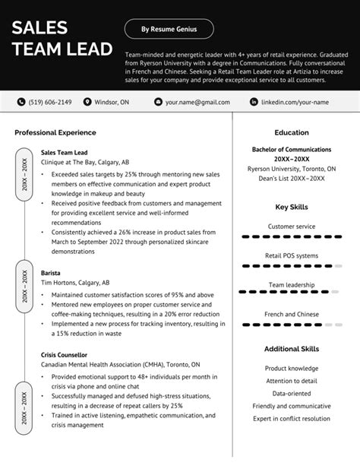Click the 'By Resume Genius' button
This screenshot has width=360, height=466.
pos(169,30)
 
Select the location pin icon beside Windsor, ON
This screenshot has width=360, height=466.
pos(87,101)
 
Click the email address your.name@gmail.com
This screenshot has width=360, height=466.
pos(197,101)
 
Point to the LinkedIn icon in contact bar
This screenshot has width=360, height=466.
pos(254,101)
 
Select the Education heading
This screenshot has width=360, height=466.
pos(292,132)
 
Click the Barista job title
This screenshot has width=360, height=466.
pos(51,272)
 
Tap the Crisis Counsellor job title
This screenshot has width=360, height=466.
pos(64,354)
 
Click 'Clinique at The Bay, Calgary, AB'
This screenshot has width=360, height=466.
pos(85,162)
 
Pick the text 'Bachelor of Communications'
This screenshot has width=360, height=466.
pos(292,150)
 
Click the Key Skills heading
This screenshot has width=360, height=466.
pos(292,207)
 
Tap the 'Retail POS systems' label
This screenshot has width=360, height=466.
pos(292,255)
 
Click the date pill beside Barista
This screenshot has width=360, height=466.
pos(25,286)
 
